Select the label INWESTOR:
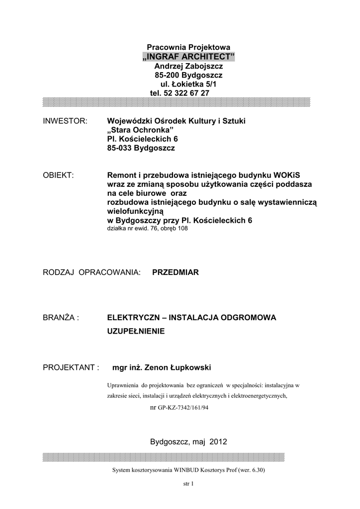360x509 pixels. [x=65, y=121]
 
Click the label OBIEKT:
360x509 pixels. [x=58, y=175]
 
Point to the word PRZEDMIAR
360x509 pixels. [x=175, y=272]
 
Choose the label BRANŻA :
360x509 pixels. [x=62, y=317]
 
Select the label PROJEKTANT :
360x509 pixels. [x=72, y=367]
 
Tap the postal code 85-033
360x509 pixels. [x=120, y=148]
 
